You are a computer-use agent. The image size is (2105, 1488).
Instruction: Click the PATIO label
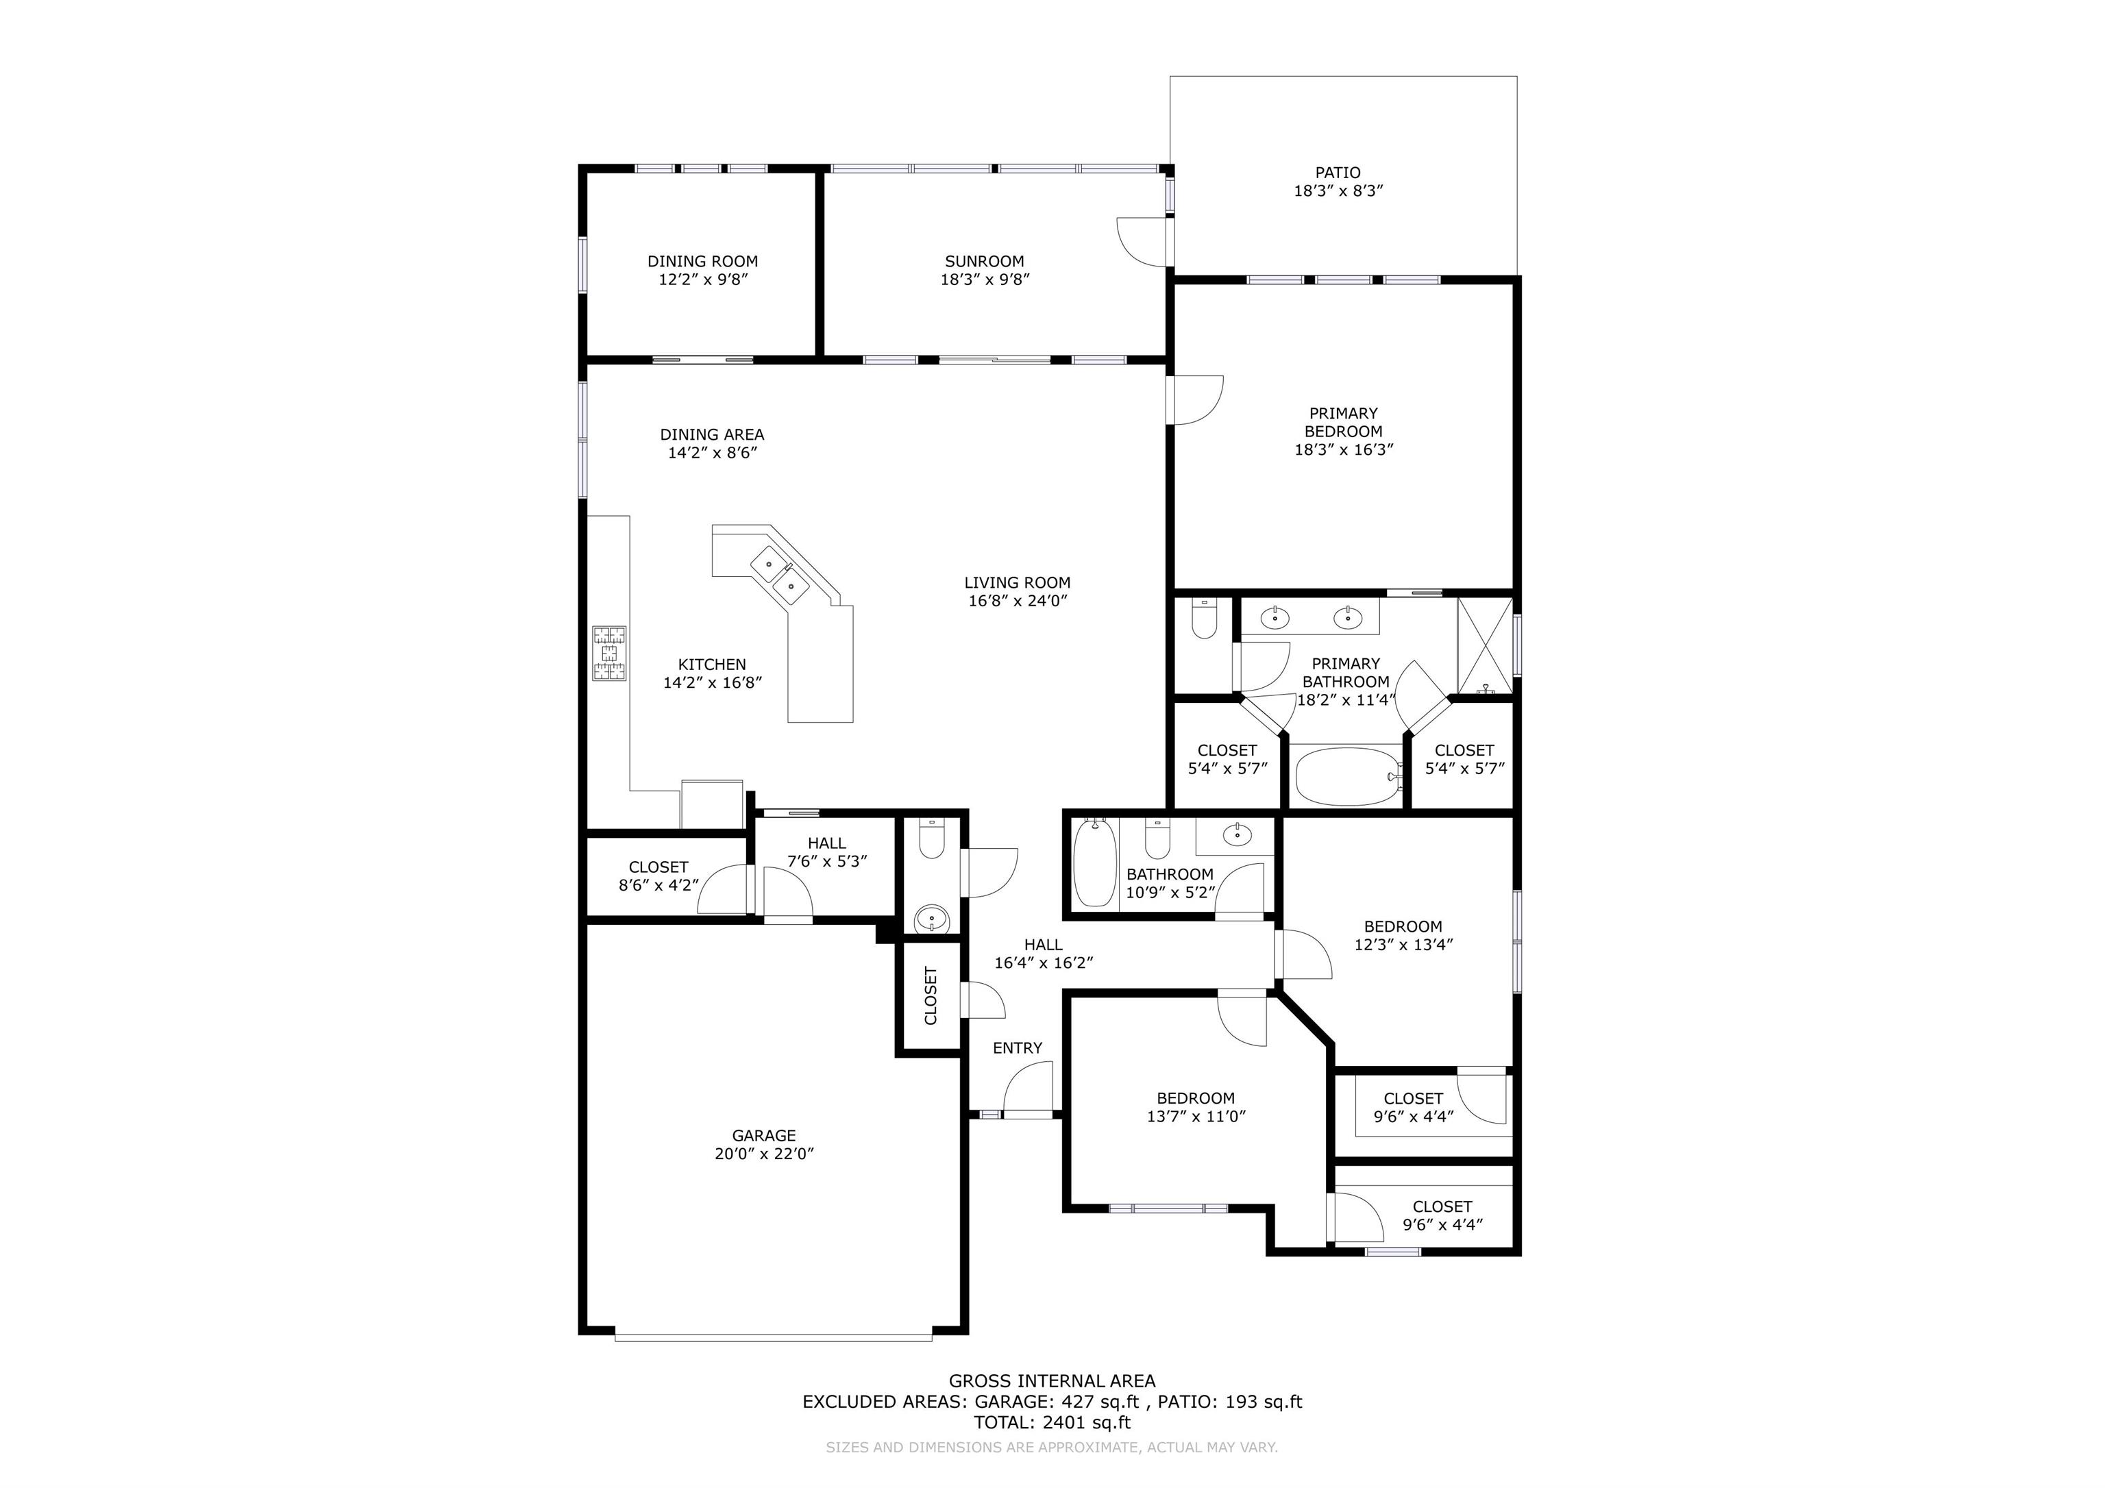click(x=1338, y=173)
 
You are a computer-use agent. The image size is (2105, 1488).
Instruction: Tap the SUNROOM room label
click(x=985, y=261)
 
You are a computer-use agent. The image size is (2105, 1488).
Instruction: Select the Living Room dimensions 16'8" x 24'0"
click(x=1018, y=602)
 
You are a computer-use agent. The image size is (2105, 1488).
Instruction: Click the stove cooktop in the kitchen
click(x=610, y=654)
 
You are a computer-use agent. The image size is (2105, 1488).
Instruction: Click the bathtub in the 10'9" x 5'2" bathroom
click(x=1095, y=863)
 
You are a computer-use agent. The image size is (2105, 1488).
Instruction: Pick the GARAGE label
click(x=764, y=1135)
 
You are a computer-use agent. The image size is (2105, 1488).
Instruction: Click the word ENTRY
click(x=1018, y=1048)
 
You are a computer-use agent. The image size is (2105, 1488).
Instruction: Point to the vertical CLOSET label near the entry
click(x=931, y=995)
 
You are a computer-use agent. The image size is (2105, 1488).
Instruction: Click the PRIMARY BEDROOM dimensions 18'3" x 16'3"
click(x=1343, y=450)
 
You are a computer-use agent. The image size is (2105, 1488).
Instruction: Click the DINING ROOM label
click(x=702, y=261)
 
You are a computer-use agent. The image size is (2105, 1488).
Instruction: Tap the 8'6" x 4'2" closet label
click(x=658, y=886)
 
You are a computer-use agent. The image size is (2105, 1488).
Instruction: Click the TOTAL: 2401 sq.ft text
click(x=1052, y=1422)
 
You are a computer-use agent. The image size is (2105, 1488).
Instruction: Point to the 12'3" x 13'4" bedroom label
click(x=1403, y=944)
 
